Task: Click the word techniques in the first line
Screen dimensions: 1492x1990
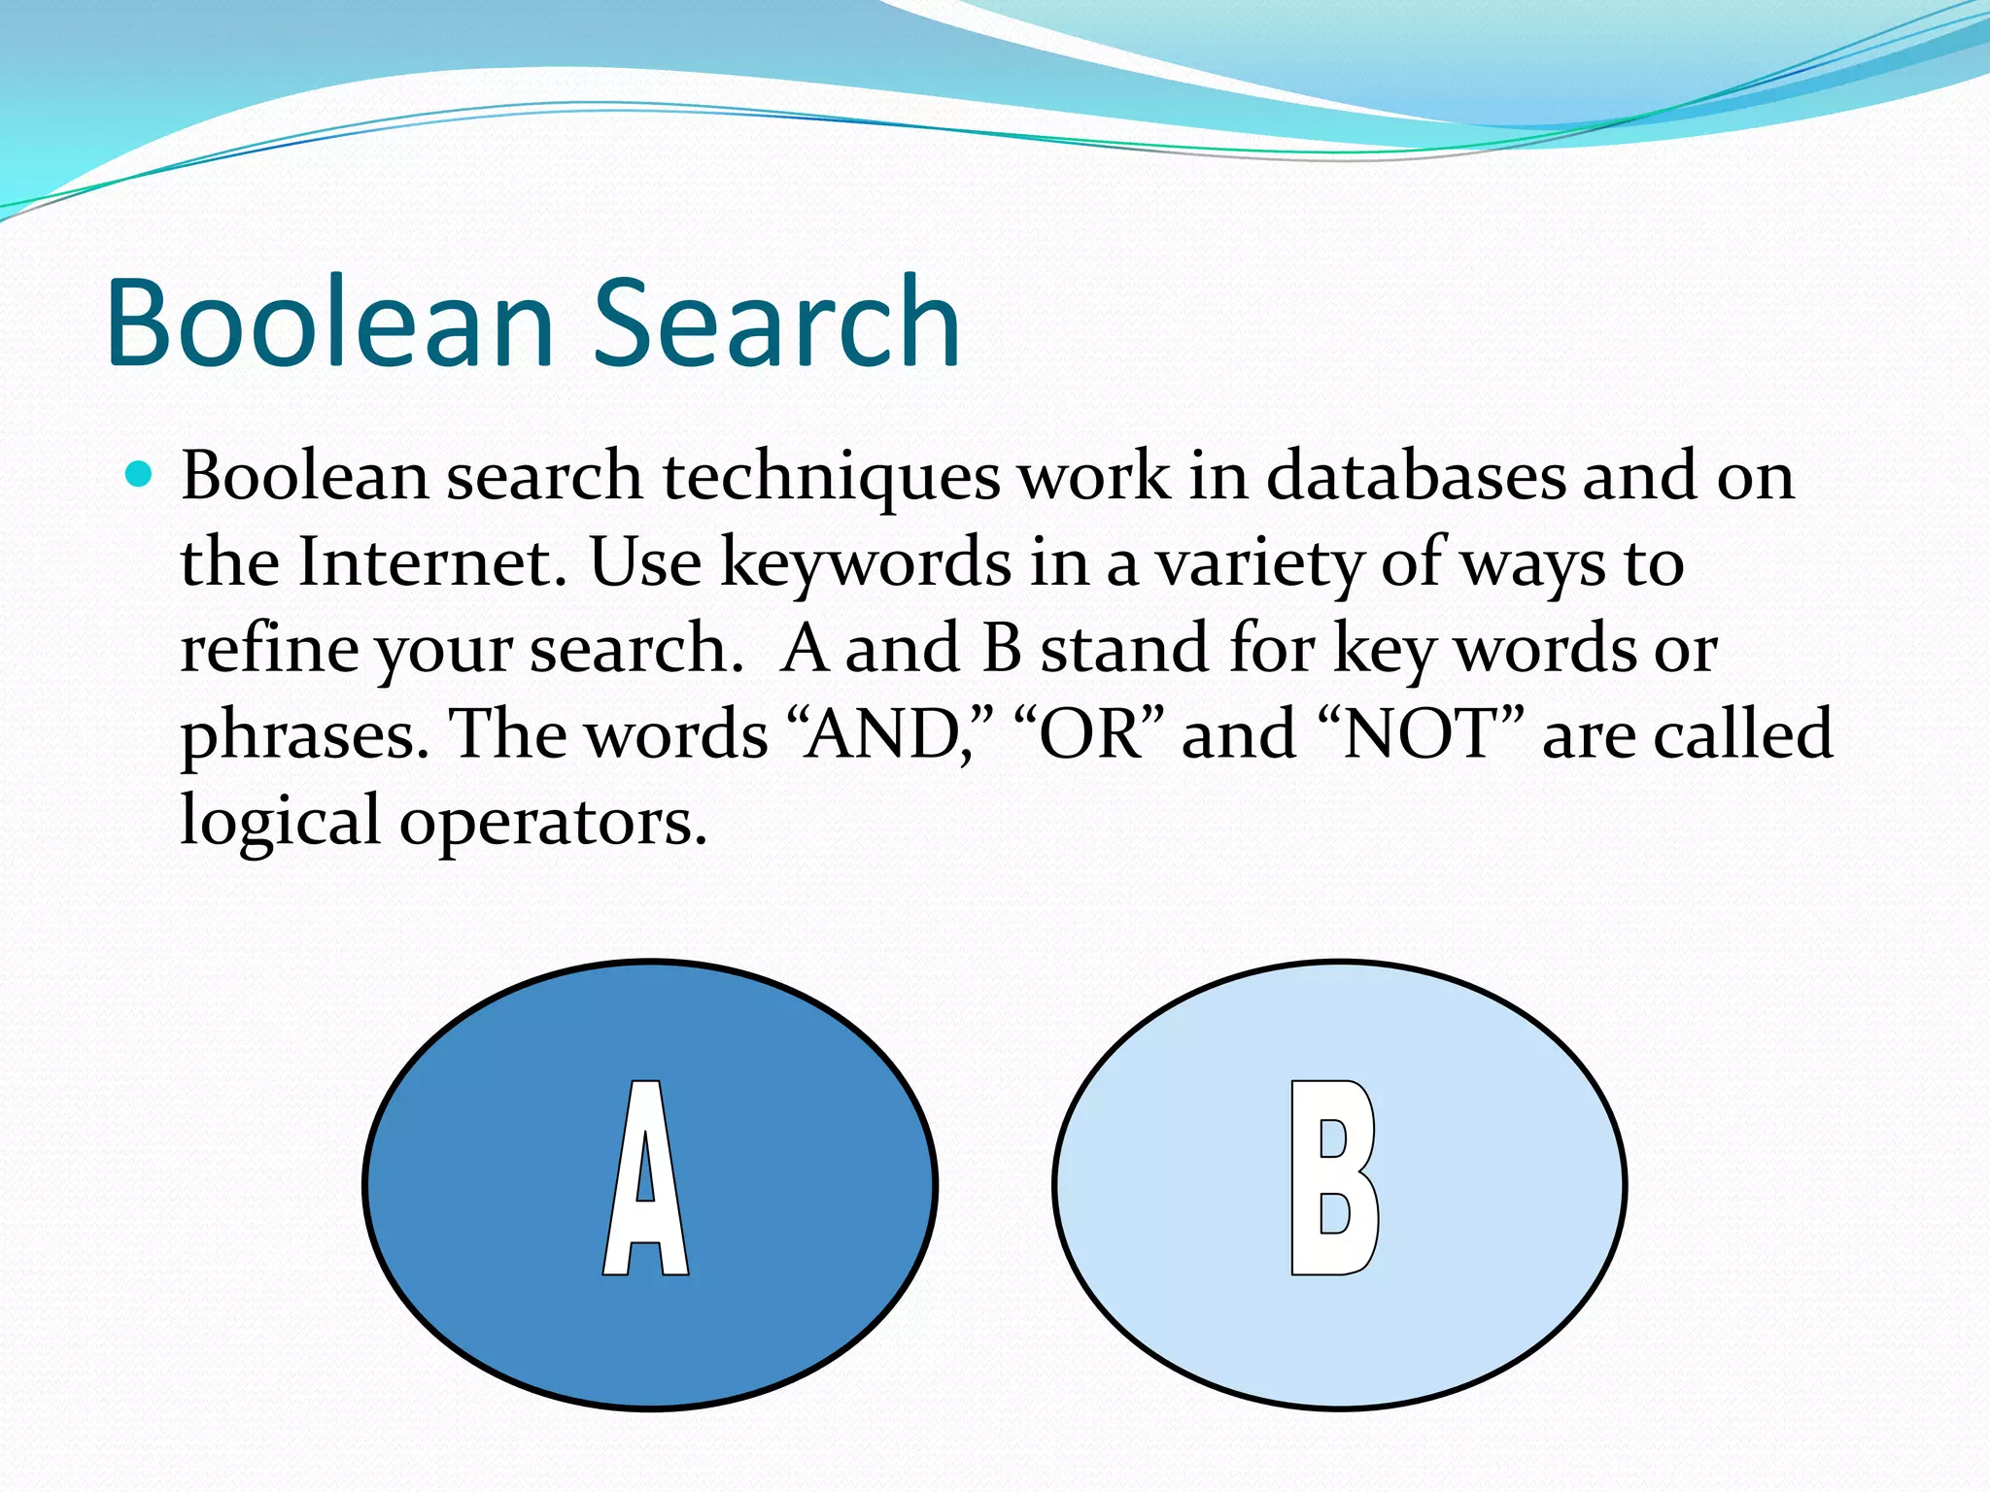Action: (831, 477)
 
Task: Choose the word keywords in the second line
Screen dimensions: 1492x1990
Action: (865, 564)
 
